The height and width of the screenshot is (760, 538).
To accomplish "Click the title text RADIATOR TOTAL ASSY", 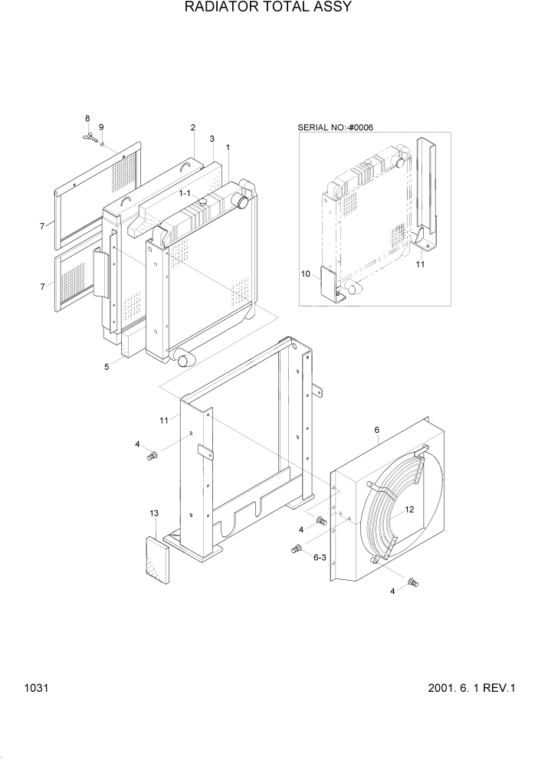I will (x=268, y=8).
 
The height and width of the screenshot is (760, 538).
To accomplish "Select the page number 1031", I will (x=36, y=688).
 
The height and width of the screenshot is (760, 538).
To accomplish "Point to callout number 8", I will (x=87, y=119).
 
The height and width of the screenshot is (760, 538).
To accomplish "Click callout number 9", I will (x=102, y=126).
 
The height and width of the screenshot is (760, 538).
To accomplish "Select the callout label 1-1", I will (x=185, y=195).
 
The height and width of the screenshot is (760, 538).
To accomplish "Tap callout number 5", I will (x=107, y=367).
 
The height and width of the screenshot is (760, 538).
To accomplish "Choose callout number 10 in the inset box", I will (x=306, y=274).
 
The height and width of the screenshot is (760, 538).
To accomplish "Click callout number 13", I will (x=154, y=513).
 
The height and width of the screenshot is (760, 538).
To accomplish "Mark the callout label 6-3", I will (x=320, y=559).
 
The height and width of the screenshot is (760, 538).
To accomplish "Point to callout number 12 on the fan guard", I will (x=409, y=509).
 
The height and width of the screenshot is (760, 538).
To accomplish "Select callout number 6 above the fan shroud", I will (x=377, y=431).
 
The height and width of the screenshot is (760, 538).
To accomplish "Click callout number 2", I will (x=192, y=127).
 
